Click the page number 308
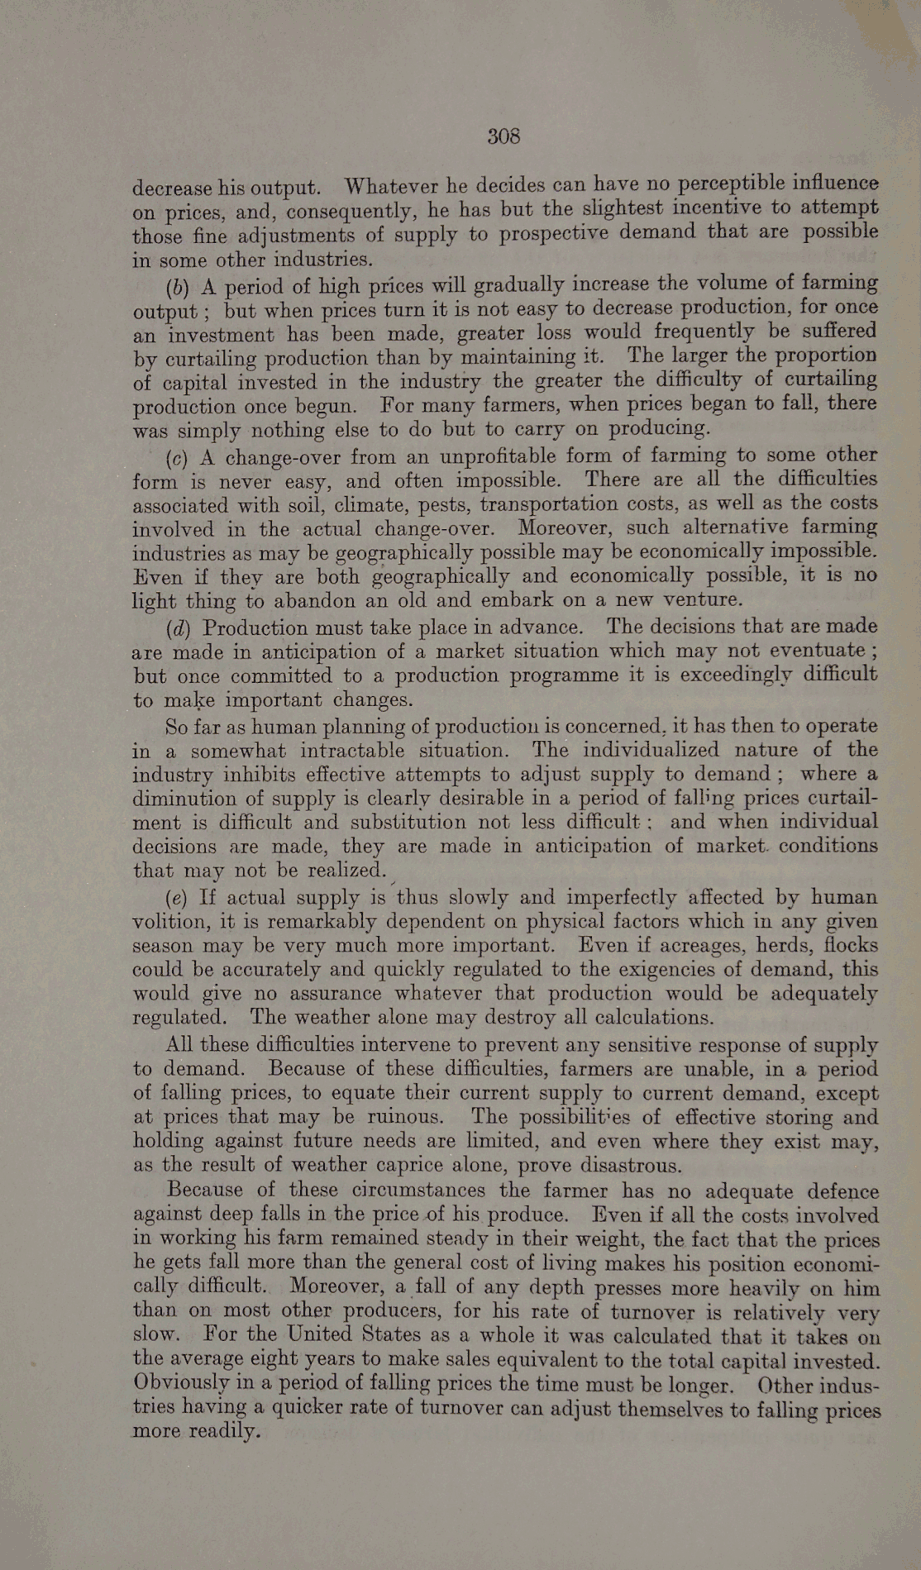pyautogui.click(x=503, y=136)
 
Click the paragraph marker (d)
pyautogui.click(x=178, y=629)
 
